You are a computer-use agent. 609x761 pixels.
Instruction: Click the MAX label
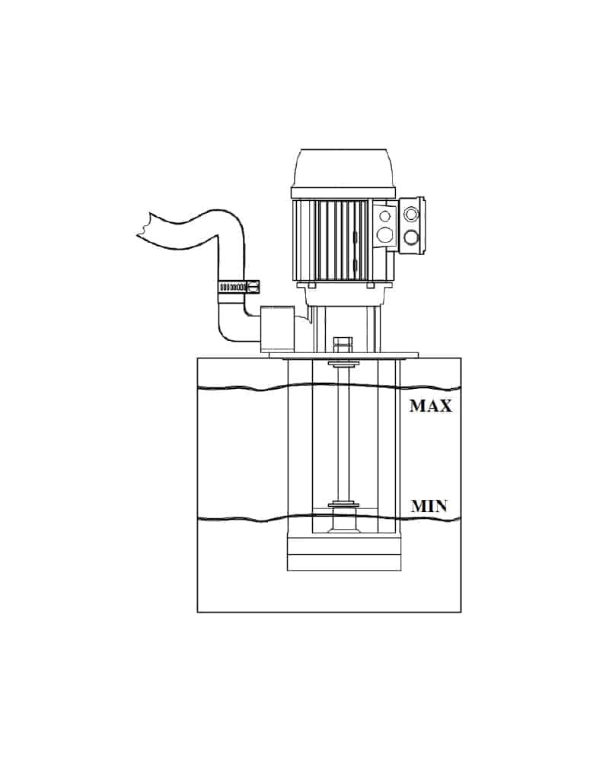tap(431, 406)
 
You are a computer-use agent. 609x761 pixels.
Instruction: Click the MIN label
tap(429, 506)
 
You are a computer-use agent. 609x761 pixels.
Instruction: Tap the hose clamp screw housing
tap(253, 287)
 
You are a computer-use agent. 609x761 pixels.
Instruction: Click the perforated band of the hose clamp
tap(233, 288)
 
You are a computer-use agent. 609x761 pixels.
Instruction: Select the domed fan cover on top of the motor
tap(343, 169)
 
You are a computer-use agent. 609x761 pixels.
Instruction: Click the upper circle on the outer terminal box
tap(411, 214)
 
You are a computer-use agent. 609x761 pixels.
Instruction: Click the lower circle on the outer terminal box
tap(411, 237)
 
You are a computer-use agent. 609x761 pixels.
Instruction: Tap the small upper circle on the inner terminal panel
tap(384, 216)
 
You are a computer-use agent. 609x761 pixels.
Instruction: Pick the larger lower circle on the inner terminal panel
tap(384, 235)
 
